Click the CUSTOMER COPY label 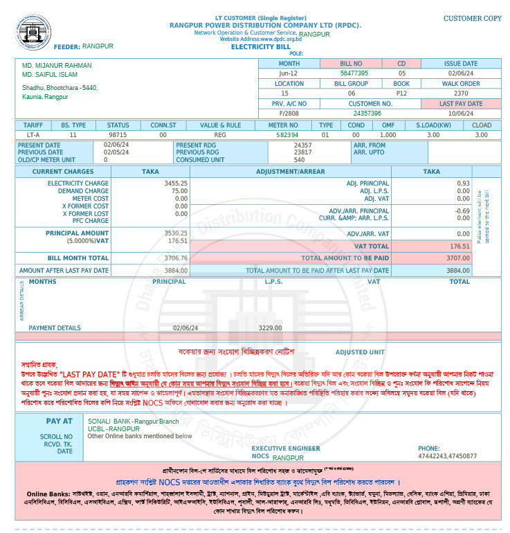[472, 19]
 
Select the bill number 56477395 [354, 73]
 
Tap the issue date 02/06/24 [460, 73]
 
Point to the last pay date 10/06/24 [460, 113]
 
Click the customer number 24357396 [367, 113]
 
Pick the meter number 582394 [286, 135]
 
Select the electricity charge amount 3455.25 [176, 183]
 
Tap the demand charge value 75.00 [179, 191]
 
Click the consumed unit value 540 [299, 160]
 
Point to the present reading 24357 [302, 145]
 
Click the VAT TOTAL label [371, 246]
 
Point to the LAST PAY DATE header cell [460, 103]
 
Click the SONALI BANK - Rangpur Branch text [133, 421]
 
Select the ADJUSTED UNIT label [360, 352]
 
